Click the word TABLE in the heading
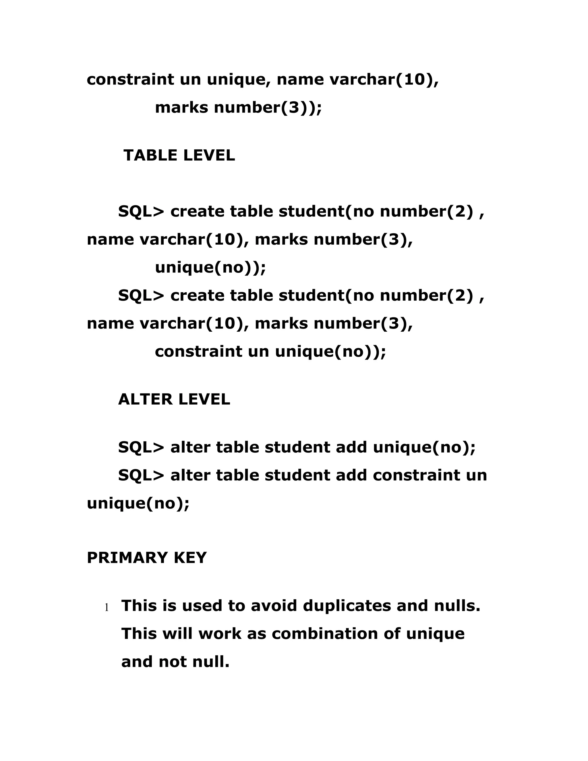point(150,155)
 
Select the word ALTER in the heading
point(145,399)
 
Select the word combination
point(325,634)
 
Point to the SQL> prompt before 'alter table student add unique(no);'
point(141,448)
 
